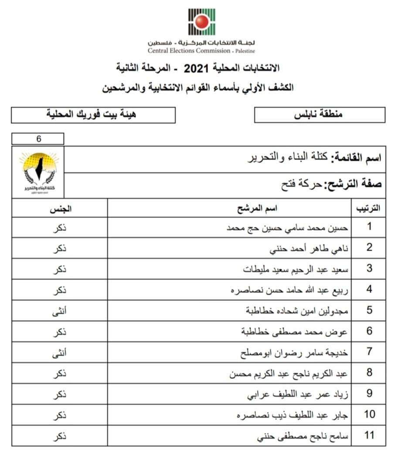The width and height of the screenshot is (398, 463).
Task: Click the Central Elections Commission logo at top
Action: tap(201, 21)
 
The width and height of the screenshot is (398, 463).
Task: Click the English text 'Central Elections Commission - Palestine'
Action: tap(201, 51)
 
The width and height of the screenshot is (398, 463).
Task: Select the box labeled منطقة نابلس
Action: tap(320, 115)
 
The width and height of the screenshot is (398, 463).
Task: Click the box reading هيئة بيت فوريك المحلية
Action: tap(93, 115)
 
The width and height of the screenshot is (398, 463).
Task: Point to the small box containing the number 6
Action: tap(38, 139)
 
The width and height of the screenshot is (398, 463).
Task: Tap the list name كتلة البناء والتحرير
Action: tap(287, 157)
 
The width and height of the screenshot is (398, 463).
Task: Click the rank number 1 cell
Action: tap(369, 227)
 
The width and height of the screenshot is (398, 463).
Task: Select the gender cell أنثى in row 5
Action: tap(60, 311)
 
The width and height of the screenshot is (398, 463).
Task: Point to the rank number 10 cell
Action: tap(369, 414)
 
